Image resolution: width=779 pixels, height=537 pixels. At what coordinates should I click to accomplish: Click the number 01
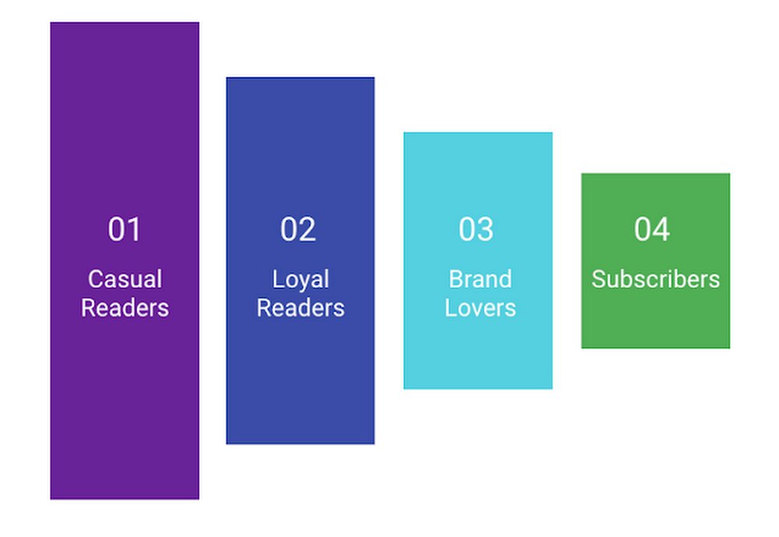[x=125, y=230]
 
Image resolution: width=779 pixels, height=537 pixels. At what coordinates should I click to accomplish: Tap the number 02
[x=298, y=230]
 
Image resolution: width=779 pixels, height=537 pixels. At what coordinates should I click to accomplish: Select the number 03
[x=476, y=230]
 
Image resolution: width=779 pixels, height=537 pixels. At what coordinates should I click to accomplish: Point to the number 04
[x=652, y=230]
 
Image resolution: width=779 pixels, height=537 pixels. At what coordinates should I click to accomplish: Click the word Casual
[x=125, y=279]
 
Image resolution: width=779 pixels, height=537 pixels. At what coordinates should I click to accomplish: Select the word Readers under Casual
[x=125, y=307]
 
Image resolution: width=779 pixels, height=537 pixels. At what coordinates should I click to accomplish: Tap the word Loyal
[x=301, y=279]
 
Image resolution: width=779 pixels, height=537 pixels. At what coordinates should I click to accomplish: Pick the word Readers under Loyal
[x=301, y=307]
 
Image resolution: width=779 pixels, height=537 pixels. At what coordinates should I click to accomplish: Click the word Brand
[x=480, y=279]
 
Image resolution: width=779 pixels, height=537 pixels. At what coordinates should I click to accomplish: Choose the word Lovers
[x=480, y=307]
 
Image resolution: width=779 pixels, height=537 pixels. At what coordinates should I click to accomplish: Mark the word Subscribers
[x=655, y=279]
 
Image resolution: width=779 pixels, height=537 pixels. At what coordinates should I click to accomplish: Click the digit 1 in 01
[x=135, y=230]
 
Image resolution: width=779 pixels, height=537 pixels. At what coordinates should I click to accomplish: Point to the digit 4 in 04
[x=661, y=230]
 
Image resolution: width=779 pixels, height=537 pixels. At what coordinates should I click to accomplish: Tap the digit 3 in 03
[x=485, y=230]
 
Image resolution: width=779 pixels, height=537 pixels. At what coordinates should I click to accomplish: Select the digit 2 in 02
[x=308, y=230]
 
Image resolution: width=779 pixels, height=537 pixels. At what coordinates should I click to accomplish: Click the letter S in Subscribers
[x=597, y=279]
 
